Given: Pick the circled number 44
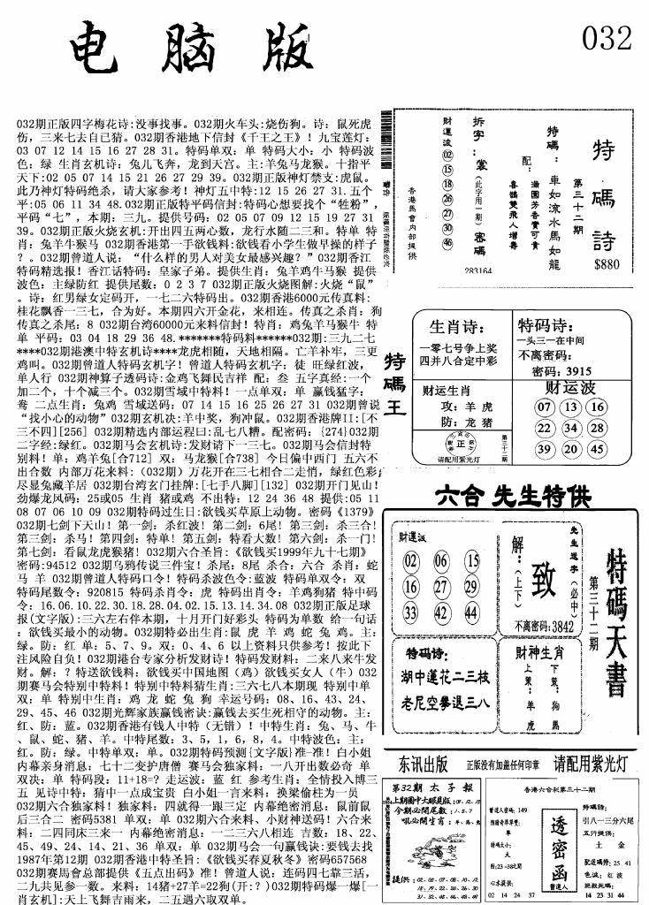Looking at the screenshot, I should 472,612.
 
